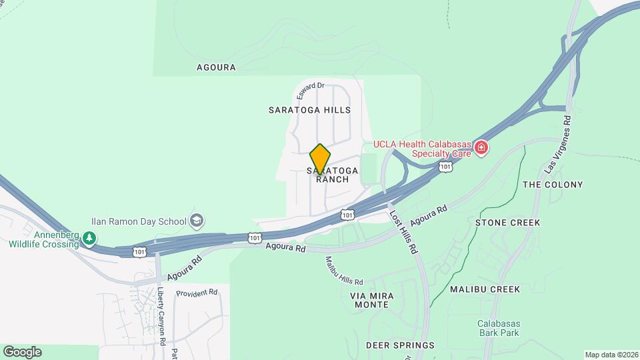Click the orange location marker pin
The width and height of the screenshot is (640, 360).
click(321, 159)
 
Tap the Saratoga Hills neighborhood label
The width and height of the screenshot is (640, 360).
click(309, 109)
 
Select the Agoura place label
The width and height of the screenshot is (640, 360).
click(217, 67)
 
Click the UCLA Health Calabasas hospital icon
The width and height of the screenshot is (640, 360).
click(481, 147)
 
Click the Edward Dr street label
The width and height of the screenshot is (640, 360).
click(311, 91)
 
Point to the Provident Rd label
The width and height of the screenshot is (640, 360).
click(197, 293)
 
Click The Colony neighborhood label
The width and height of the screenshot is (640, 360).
click(553, 185)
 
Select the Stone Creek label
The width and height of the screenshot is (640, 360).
click(507, 223)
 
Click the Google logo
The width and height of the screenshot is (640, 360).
click(22, 351)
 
